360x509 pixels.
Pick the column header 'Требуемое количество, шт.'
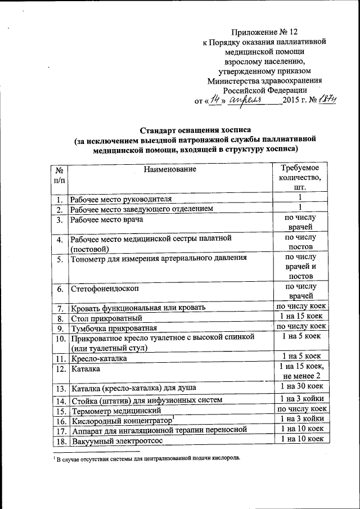pos(300,178)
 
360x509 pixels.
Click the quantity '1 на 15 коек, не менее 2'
pos(300,371)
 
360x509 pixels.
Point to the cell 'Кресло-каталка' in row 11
pos(98,358)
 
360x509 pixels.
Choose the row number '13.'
pos(59,388)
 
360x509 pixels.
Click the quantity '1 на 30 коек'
pos(300,387)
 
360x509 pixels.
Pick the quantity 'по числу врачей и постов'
pos(300,267)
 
